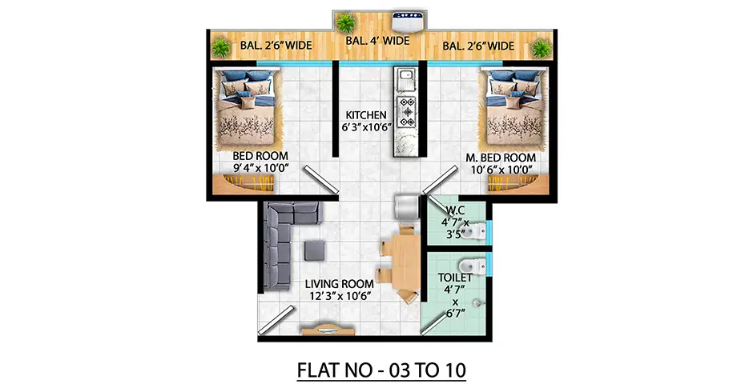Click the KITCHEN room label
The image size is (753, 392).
[x=364, y=116]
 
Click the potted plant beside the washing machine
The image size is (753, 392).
[x=345, y=24]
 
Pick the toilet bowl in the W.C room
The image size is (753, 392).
[x=477, y=232]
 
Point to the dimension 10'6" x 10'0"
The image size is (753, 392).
[x=501, y=170]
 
